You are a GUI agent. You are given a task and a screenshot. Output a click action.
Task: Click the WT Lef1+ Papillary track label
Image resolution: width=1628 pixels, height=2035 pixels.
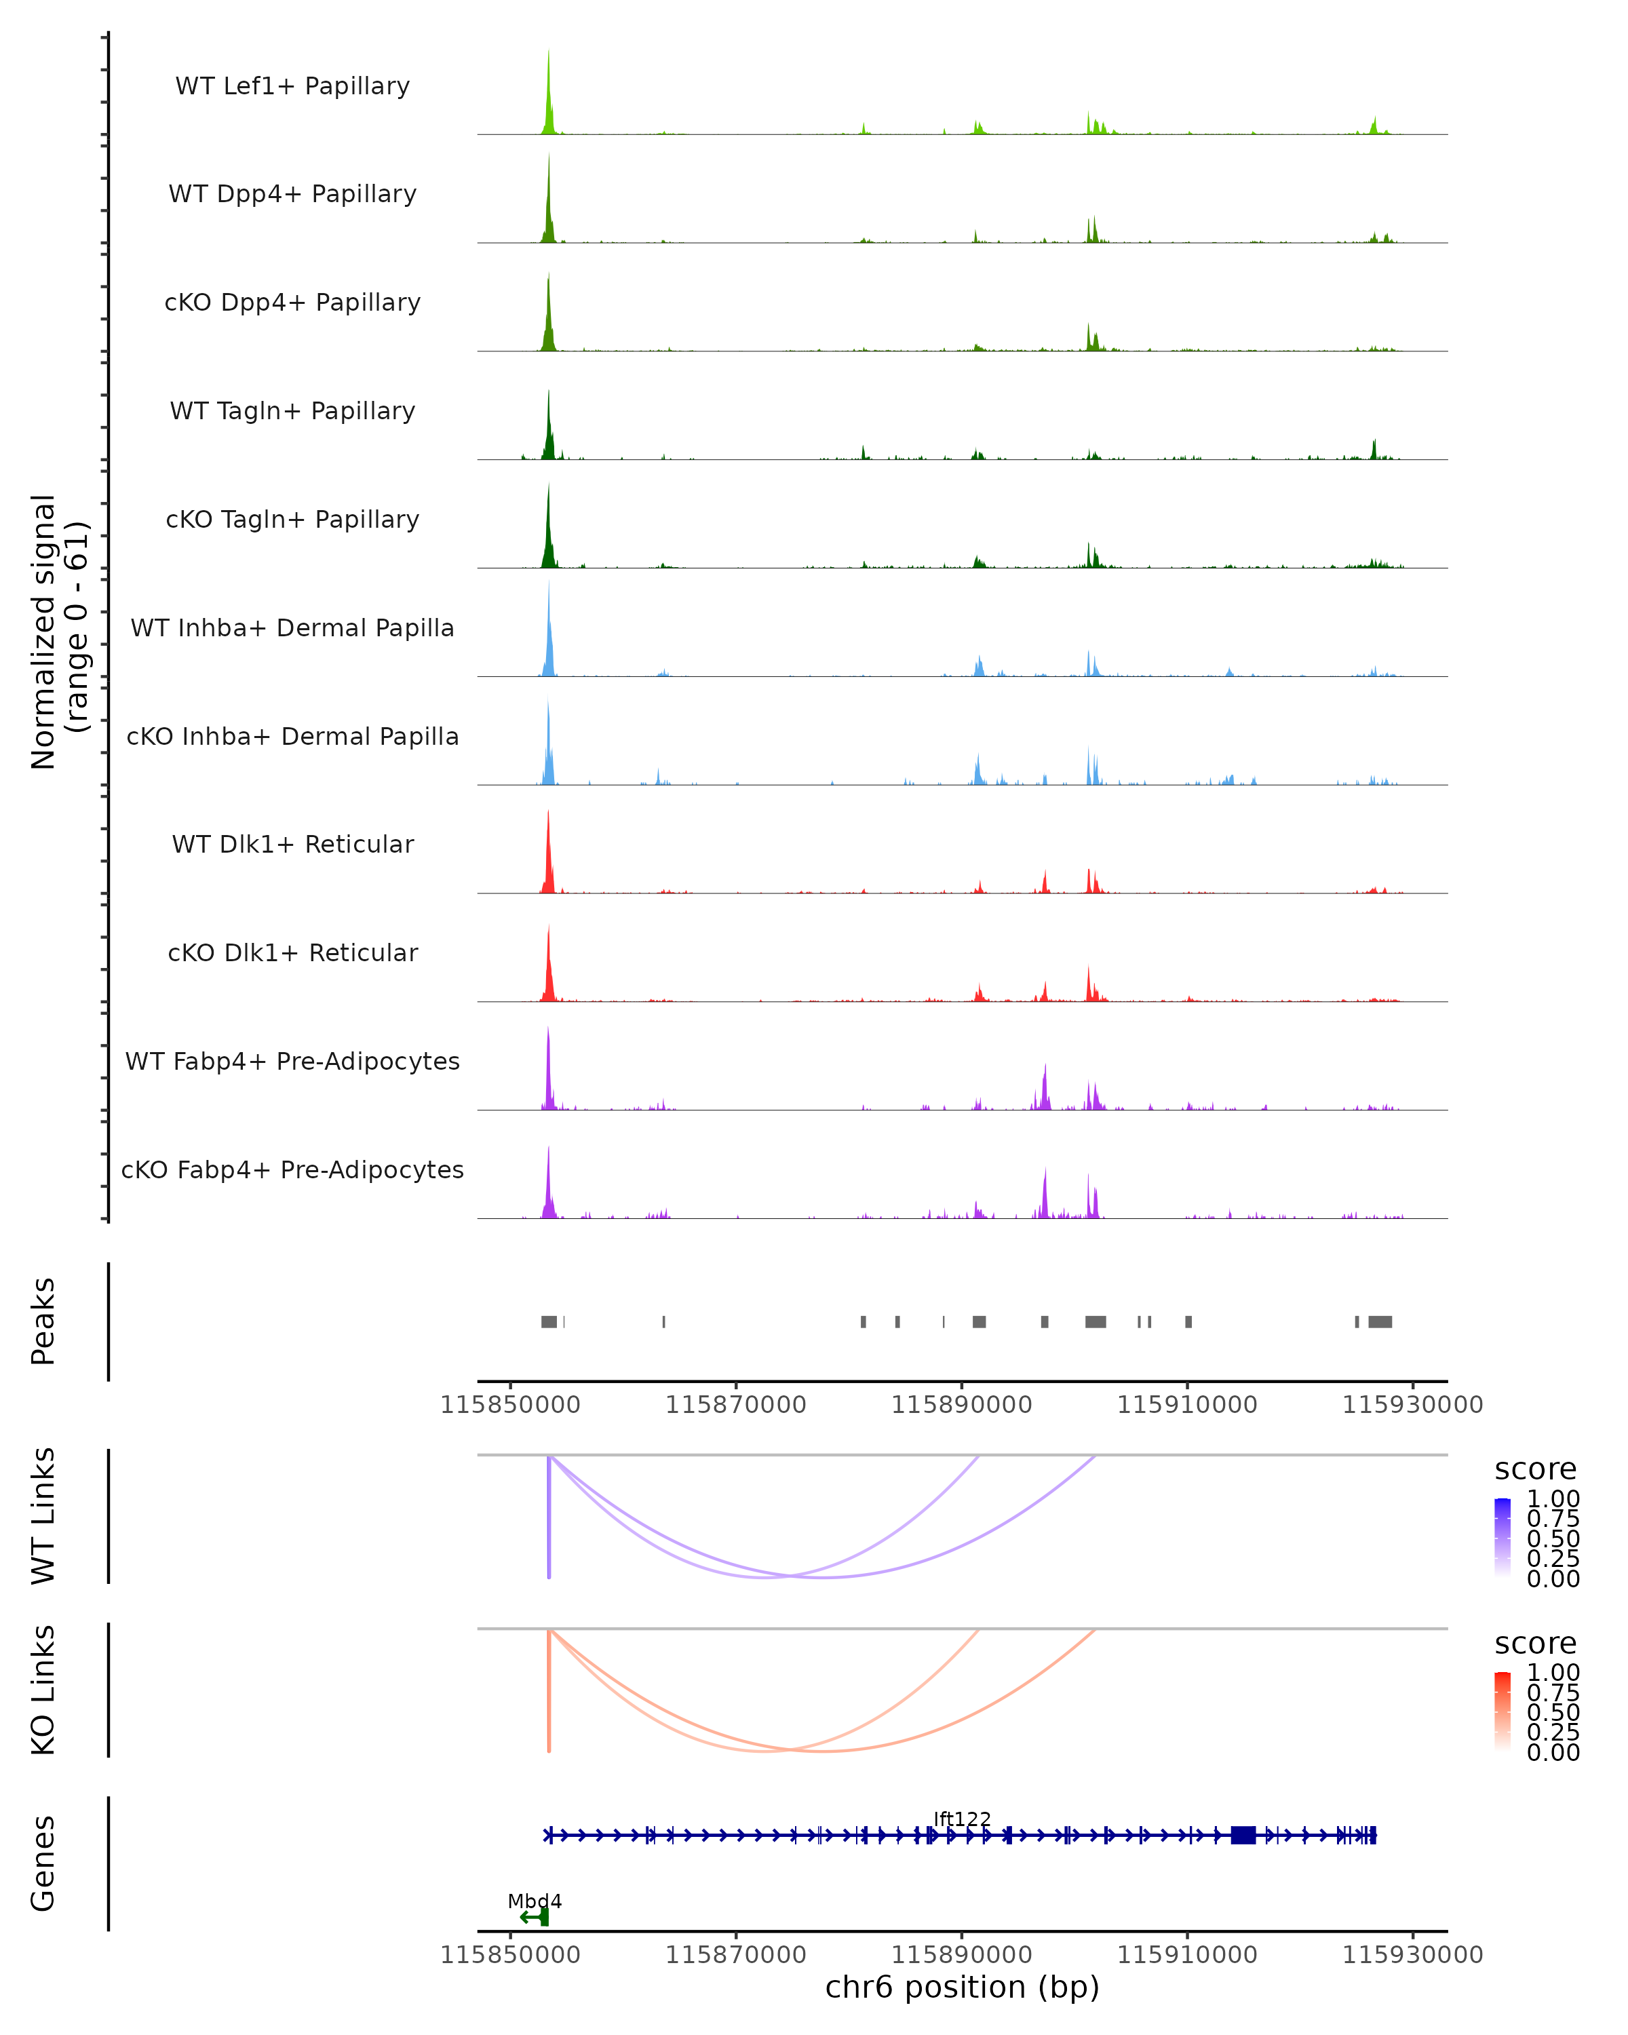pos(292,86)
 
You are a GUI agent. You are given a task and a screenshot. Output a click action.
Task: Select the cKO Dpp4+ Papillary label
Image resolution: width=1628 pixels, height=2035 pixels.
pos(292,303)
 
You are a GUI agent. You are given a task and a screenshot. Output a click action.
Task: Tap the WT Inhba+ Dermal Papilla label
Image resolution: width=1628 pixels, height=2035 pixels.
pos(292,629)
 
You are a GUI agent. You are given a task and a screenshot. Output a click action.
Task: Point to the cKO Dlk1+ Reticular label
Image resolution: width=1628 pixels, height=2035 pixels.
pos(292,953)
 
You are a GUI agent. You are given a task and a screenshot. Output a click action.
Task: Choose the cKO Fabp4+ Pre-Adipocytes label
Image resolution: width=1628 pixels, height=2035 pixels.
pos(292,1170)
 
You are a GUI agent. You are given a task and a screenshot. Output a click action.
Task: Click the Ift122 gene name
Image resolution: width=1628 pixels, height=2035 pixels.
pos(962,1820)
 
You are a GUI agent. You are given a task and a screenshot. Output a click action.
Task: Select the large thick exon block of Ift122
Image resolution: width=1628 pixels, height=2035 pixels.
pos(1243,1836)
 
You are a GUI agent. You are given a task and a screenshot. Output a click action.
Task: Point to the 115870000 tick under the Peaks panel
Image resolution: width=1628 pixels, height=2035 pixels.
pos(736,1405)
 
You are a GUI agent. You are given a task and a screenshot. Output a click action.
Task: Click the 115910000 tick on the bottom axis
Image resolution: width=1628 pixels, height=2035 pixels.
pos(1187,1955)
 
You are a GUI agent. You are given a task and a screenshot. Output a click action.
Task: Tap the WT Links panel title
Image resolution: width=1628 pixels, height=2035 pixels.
pos(43,1517)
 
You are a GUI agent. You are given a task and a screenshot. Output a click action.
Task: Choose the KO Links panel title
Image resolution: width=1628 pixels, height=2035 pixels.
pos(43,1690)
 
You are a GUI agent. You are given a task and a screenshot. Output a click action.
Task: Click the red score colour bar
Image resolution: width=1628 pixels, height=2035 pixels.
pos(1503,1711)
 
